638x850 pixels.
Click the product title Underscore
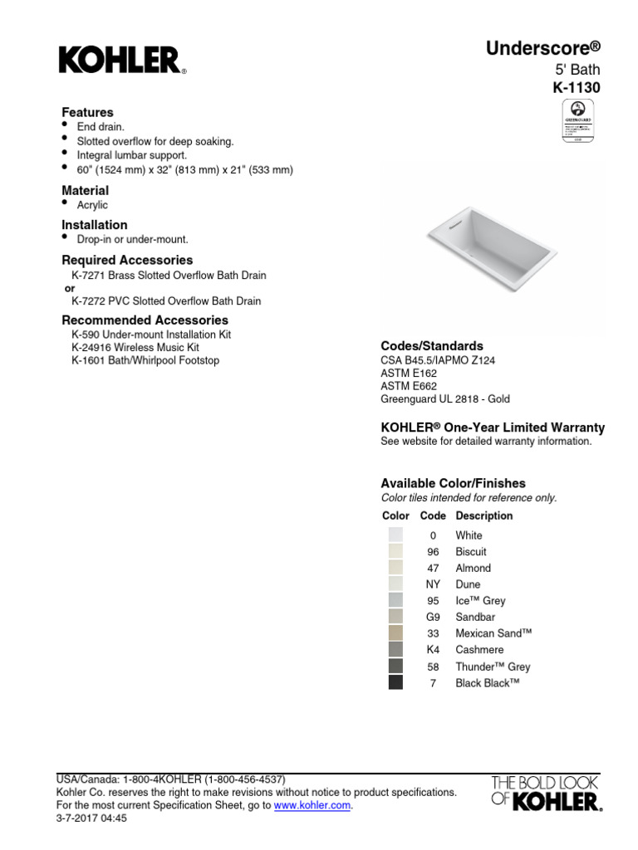(542, 49)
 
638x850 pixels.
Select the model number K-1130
(577, 88)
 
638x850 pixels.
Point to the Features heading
(87, 112)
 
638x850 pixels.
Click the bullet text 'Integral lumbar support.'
(132, 155)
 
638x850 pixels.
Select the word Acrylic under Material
(92, 205)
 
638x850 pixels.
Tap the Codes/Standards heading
(432, 345)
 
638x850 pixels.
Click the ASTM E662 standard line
(409, 386)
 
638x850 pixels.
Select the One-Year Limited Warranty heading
(493, 427)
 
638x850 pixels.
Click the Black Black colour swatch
(395, 682)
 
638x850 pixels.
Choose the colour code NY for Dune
(433, 584)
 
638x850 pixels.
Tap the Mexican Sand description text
(493, 633)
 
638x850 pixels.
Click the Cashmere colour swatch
(395, 650)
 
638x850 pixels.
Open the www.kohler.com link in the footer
(313, 805)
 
